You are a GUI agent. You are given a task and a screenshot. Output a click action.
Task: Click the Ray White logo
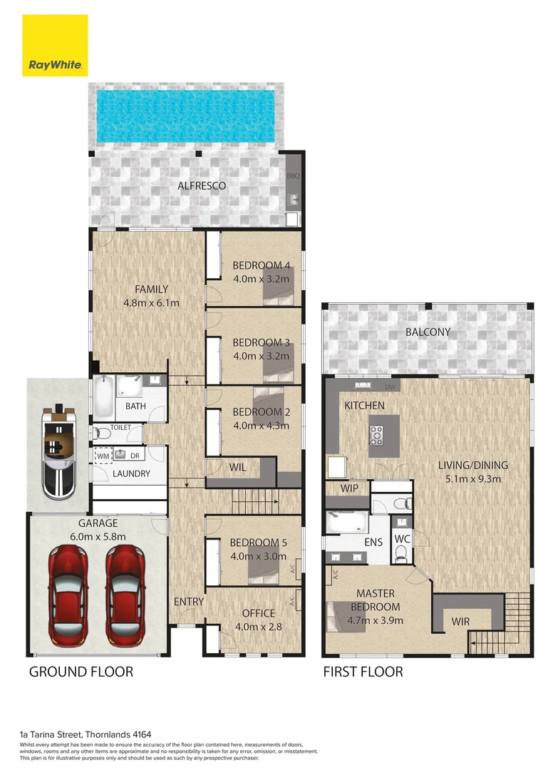pos(55,45)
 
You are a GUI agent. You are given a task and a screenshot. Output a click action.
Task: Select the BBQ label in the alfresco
pos(293,175)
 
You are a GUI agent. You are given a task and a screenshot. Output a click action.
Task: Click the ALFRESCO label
pos(202,186)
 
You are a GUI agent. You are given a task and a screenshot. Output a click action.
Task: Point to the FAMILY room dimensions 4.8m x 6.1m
pos(151,302)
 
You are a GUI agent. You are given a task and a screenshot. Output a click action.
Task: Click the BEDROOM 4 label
pos(261,266)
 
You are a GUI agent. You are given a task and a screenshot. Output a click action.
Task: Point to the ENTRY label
pos(189,602)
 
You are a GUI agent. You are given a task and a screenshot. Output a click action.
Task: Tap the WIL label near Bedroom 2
pos(237,468)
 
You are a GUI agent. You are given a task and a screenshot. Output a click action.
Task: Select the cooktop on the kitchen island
pos(376,432)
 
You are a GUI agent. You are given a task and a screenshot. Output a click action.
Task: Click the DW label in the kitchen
pos(389,387)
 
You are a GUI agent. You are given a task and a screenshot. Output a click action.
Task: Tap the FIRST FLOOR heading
pos(363,672)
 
